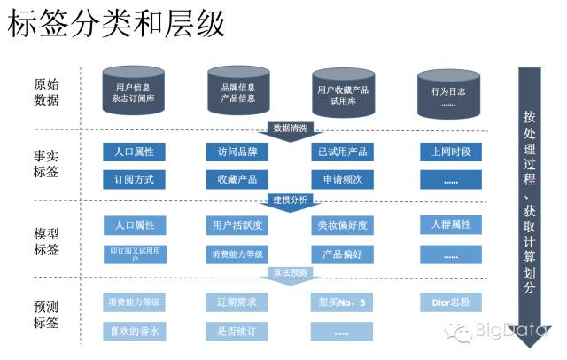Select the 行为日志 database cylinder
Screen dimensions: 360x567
click(448, 93)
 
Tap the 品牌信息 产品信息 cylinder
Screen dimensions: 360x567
click(237, 93)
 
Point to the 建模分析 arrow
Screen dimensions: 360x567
click(291, 200)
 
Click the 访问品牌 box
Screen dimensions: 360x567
click(237, 153)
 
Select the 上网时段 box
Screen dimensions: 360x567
click(451, 153)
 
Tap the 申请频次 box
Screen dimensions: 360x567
click(344, 180)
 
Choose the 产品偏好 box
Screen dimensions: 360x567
click(344, 254)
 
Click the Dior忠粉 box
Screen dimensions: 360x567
click(451, 302)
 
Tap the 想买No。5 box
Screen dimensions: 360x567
click(344, 302)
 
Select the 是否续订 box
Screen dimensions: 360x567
click(237, 332)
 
